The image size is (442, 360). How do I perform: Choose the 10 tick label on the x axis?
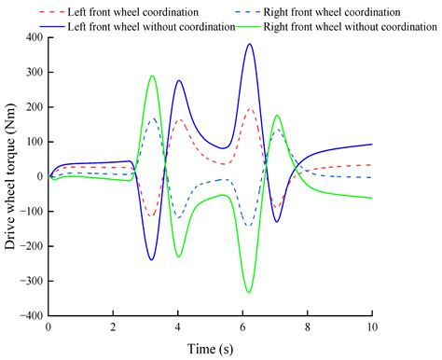coord(372,329)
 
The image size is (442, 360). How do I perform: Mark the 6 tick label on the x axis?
coord(242,329)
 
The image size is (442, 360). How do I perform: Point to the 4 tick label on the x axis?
coord(177,329)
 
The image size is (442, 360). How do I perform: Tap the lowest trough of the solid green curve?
coord(249,293)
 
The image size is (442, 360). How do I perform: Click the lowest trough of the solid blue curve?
coord(151,259)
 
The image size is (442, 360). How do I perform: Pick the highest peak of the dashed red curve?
coord(249,109)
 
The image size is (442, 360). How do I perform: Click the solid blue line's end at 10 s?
coord(372,144)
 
